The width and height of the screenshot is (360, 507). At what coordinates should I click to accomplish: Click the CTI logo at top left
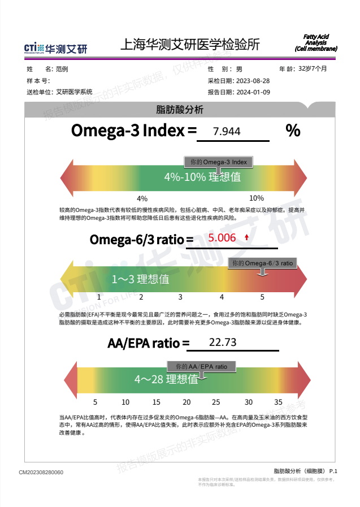coord(55,48)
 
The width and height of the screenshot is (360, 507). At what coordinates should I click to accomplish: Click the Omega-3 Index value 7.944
coord(227,132)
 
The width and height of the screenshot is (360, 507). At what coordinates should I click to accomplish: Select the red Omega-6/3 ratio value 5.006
coord(222,238)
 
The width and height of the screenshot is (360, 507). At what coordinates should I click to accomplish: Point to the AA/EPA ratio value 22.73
coord(223,343)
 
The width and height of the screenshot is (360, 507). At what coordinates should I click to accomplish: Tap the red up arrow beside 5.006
coord(246,238)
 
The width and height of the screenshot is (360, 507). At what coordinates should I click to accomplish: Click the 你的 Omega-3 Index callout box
coord(219,162)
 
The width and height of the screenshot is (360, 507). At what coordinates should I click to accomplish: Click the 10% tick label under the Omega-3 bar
coord(256,198)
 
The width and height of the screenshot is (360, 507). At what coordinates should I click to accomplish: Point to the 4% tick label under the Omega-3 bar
coord(142,198)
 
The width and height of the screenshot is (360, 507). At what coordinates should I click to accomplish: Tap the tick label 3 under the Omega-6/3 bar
coord(180,297)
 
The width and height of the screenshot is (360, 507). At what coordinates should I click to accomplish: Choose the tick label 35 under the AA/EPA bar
coord(278,402)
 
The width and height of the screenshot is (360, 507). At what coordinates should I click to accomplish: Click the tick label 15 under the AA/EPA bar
coord(156,402)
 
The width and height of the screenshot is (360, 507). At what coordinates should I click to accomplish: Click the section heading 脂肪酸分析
coord(180,110)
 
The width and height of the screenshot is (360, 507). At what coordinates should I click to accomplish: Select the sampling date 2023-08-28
coord(253,81)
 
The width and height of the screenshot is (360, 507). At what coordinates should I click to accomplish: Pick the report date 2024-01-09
coord(253,92)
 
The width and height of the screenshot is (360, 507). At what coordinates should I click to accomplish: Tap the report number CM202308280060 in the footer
coord(41,473)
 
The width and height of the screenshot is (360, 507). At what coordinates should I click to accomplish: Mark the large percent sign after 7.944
coord(293,131)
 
